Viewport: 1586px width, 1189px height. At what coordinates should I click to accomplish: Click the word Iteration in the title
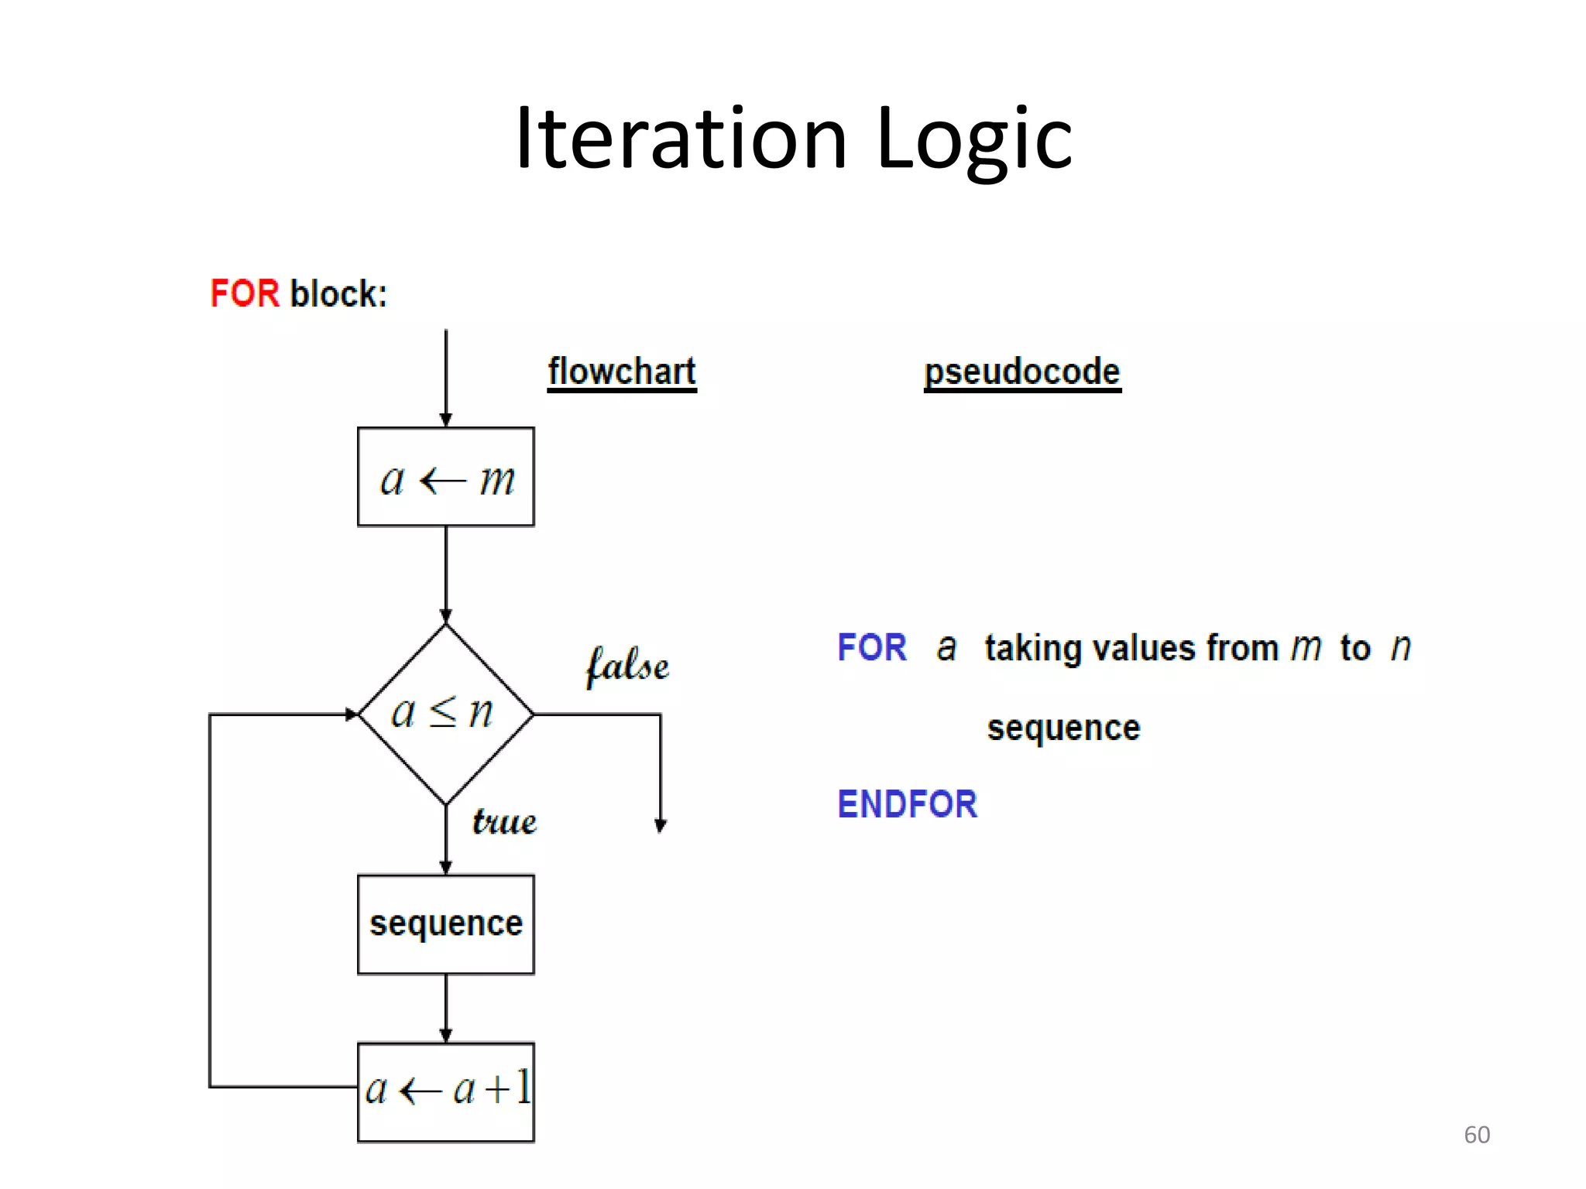(681, 139)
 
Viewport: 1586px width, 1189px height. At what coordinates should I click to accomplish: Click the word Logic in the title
(974, 139)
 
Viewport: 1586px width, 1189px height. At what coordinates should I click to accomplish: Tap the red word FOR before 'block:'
(244, 293)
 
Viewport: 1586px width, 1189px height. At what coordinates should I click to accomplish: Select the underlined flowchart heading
(622, 372)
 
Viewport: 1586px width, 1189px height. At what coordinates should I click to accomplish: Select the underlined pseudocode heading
(1022, 372)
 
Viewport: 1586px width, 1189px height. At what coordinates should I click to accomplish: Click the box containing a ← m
(446, 477)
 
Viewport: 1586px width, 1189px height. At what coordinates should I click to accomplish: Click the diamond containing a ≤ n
(445, 714)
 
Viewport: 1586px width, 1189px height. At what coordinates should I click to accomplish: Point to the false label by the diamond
(627, 666)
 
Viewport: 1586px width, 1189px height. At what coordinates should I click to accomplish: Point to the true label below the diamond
(504, 821)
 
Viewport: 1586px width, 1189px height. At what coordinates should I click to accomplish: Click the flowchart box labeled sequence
(446, 924)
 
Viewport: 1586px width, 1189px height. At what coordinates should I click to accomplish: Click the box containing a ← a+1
(446, 1091)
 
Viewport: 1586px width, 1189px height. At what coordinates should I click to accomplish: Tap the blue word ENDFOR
(908, 804)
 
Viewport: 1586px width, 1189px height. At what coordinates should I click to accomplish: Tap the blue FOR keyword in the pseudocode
(872, 647)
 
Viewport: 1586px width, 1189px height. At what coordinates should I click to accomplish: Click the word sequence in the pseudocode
(1063, 728)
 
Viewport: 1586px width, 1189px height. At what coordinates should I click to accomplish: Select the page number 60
(1476, 1135)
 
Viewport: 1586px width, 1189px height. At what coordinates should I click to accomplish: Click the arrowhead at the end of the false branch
(661, 825)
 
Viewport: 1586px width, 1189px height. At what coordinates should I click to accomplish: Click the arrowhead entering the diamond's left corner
(352, 714)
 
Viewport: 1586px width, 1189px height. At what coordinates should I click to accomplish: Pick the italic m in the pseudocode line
(1306, 647)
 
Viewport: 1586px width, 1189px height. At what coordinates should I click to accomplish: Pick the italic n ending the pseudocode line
(1401, 647)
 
